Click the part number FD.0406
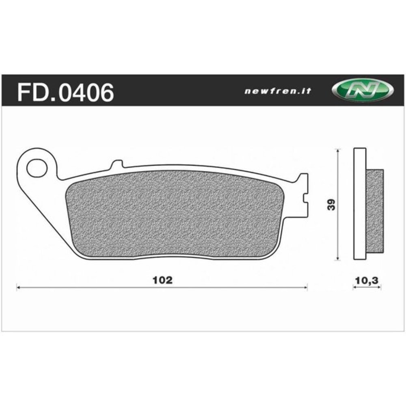coord(65,92)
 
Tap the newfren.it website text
coord(278,91)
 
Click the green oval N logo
coord(363,90)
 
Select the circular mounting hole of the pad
coord(37,169)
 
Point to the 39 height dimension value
coord(331,205)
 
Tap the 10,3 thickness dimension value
coord(367,280)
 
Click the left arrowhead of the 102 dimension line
coord(18,287)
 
